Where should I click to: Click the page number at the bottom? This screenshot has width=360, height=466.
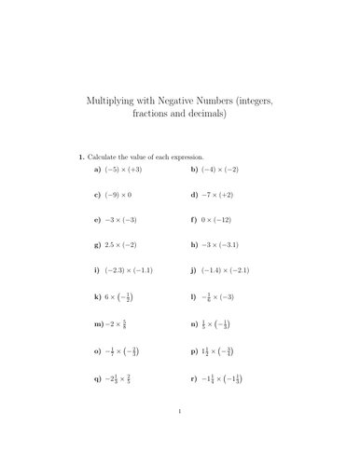coord(179,434)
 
